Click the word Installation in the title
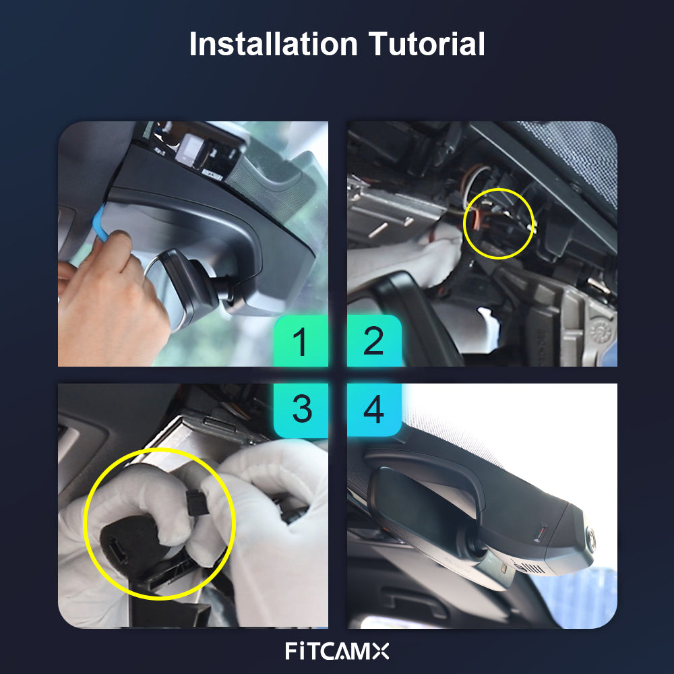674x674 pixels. click(x=274, y=44)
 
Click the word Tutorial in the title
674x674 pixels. click(x=427, y=44)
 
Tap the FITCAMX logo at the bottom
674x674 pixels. click(x=337, y=651)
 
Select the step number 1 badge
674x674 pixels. click(x=301, y=341)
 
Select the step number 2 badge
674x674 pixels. click(x=374, y=341)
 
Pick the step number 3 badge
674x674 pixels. click(x=301, y=410)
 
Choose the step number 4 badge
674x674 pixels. click(x=374, y=410)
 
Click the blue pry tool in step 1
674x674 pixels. click(x=100, y=224)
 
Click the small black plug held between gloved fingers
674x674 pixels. click(x=196, y=503)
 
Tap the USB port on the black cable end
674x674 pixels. click(x=117, y=551)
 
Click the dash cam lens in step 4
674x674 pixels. click(x=592, y=537)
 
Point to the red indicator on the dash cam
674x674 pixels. click(x=539, y=533)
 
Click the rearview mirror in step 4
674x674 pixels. click(x=430, y=516)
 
